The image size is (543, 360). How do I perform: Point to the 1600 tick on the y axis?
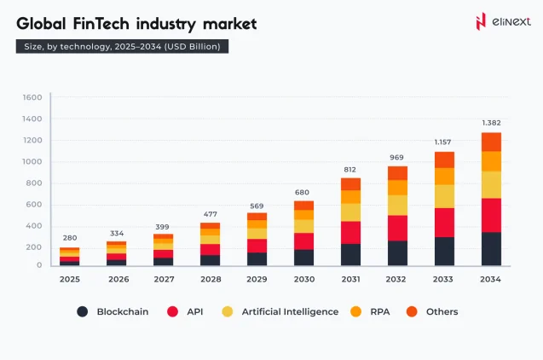[x=32, y=97]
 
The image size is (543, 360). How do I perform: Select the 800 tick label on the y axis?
[x=35, y=183]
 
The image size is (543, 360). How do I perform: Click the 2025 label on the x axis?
[x=70, y=279]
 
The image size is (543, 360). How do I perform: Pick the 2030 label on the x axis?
[x=303, y=279]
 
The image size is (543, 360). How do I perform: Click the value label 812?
[x=350, y=169]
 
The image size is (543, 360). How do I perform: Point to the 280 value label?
[x=70, y=239]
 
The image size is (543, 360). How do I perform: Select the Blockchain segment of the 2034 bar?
[x=490, y=248]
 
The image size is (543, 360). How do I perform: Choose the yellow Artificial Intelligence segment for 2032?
[x=396, y=205]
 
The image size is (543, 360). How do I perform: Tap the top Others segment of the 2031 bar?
[x=350, y=183]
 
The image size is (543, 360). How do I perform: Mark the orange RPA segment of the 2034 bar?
[x=490, y=161]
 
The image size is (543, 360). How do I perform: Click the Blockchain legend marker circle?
[x=83, y=311]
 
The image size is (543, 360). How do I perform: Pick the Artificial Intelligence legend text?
[x=289, y=311]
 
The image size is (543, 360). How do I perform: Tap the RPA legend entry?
[x=379, y=311]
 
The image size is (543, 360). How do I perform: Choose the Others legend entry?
[x=442, y=311]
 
